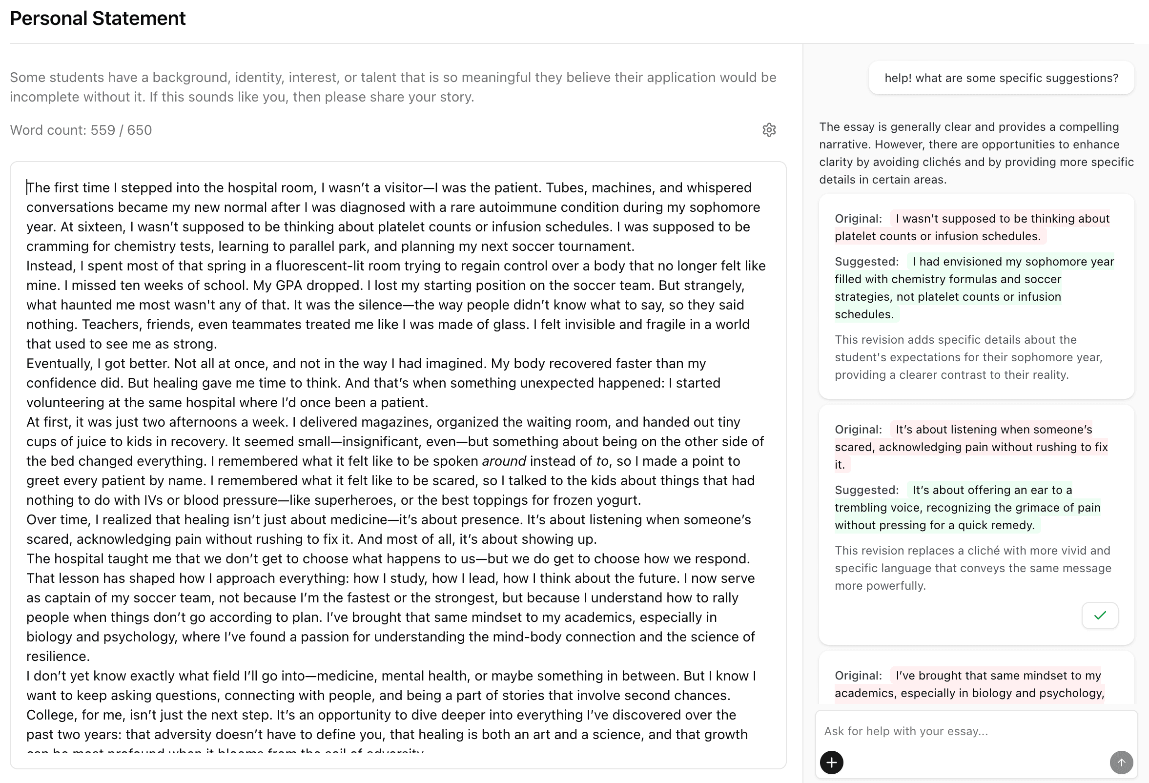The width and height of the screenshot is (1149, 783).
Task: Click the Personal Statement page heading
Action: pyautogui.click(x=98, y=19)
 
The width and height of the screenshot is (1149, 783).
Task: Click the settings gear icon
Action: pyautogui.click(x=769, y=130)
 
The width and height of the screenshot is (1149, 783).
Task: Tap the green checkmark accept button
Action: pyautogui.click(x=1100, y=616)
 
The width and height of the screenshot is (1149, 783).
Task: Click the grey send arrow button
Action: pyautogui.click(x=1121, y=762)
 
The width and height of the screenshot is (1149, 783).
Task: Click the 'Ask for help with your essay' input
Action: pyautogui.click(x=964, y=731)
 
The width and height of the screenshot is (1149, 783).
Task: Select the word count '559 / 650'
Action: pyautogui.click(x=121, y=130)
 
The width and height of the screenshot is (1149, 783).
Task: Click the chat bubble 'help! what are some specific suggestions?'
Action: pyautogui.click(x=1001, y=78)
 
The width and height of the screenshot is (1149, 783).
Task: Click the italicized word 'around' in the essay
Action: pyautogui.click(x=504, y=461)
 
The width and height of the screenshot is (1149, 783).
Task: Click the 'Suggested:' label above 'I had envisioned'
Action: pyautogui.click(x=866, y=262)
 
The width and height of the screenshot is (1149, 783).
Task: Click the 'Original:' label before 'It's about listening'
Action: pyautogui.click(x=858, y=430)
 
